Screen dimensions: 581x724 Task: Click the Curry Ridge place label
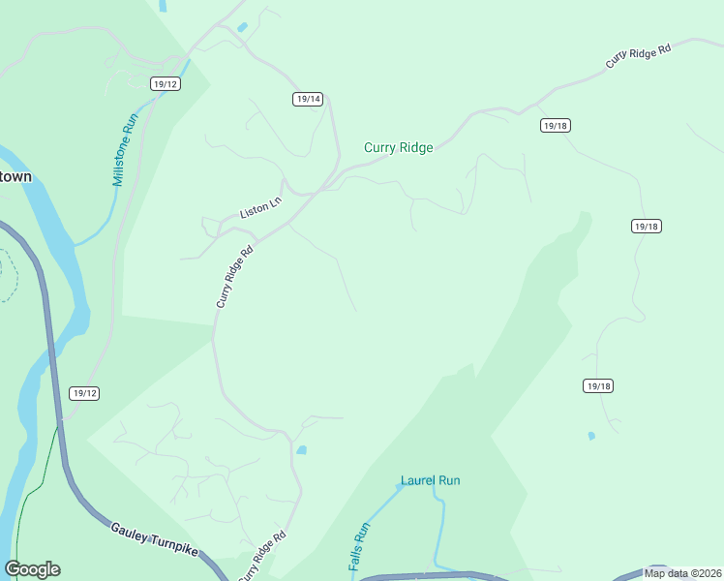click(x=398, y=148)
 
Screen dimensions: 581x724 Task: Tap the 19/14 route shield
click(x=308, y=99)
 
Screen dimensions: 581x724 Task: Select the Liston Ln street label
click(x=259, y=210)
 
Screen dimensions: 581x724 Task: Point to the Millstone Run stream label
click(x=126, y=150)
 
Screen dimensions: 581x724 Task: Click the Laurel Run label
click(x=431, y=480)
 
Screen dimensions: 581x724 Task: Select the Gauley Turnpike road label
click(x=154, y=539)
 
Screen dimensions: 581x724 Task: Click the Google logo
click(x=32, y=569)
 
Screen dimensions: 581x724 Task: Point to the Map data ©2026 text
click(x=682, y=573)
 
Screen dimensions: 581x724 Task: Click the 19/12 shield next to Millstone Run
click(x=166, y=84)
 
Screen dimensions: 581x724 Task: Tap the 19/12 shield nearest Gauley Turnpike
click(x=84, y=393)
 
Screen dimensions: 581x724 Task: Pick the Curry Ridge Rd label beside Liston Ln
click(x=234, y=276)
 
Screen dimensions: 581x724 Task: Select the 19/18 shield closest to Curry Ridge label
click(x=555, y=126)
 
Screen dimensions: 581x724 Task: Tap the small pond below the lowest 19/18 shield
click(x=591, y=436)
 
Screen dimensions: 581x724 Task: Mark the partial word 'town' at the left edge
click(x=15, y=177)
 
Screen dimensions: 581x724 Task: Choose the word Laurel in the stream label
click(x=417, y=480)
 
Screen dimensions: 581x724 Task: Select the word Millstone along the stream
click(x=121, y=166)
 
